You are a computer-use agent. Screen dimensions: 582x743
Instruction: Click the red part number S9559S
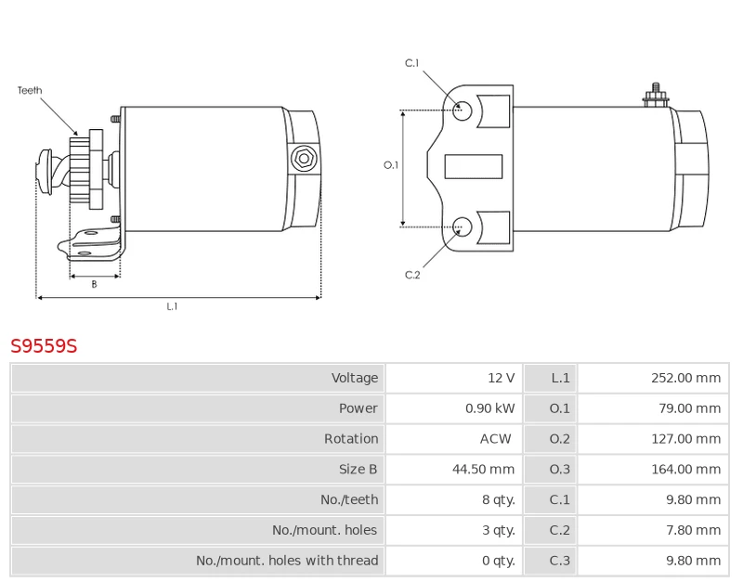pyautogui.click(x=44, y=346)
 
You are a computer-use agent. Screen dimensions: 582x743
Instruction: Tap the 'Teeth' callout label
pyautogui.click(x=30, y=91)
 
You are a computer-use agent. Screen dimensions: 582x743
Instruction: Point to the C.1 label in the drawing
pyautogui.click(x=411, y=63)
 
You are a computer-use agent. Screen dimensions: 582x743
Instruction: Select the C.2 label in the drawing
pyautogui.click(x=412, y=275)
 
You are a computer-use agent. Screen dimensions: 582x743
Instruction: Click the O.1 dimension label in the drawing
pyautogui.click(x=391, y=165)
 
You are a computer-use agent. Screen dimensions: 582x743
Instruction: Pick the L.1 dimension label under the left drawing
pyautogui.click(x=172, y=306)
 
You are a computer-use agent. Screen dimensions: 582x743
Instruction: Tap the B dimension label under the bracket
pyautogui.click(x=94, y=285)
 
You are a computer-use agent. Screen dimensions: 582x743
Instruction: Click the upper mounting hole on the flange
pyautogui.click(x=463, y=110)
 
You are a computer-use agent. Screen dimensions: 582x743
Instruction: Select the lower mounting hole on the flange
pyautogui.click(x=463, y=225)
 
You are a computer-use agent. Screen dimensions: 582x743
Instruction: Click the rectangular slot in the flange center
pyautogui.click(x=473, y=167)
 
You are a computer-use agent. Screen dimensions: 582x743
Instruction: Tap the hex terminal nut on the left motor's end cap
pyautogui.click(x=303, y=159)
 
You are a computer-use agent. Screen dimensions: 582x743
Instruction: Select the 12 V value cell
pyautogui.click(x=501, y=378)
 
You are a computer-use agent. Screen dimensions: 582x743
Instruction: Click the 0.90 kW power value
pyautogui.click(x=489, y=408)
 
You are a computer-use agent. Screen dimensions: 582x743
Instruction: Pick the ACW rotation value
pyautogui.click(x=495, y=439)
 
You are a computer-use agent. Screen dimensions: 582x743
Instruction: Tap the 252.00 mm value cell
pyautogui.click(x=685, y=378)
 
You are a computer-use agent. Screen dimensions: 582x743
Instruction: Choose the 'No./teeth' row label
pyautogui.click(x=349, y=499)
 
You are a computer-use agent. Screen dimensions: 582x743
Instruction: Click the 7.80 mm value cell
pyautogui.click(x=693, y=530)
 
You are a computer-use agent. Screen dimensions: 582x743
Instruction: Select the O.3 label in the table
pyautogui.click(x=559, y=470)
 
